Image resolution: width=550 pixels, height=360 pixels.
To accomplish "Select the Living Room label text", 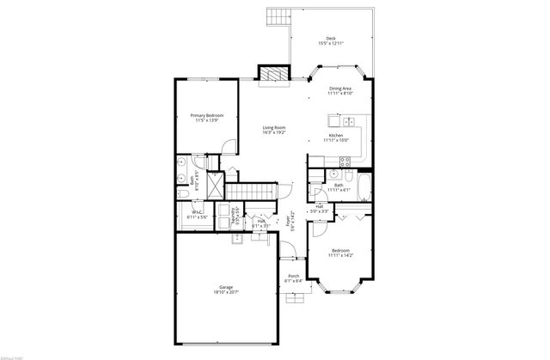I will click(x=274, y=128).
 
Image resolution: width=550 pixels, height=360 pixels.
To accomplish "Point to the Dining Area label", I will click(x=340, y=88).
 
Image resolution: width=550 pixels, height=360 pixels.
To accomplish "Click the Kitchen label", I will click(x=336, y=135).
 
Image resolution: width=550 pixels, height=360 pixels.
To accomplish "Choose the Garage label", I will click(x=226, y=287).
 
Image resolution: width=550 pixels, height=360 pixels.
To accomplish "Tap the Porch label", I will click(x=293, y=276).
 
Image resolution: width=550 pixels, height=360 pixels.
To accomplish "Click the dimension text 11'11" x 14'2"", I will click(x=341, y=255).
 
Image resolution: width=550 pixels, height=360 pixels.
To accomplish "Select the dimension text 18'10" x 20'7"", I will click(x=226, y=293).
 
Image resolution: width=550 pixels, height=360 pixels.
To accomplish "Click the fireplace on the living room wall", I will click(x=273, y=74).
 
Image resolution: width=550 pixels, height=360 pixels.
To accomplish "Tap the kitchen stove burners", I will click(x=344, y=160).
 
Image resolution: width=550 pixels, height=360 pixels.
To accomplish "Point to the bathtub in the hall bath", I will click(x=363, y=189).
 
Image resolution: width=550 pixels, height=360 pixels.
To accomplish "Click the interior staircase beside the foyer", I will click(x=255, y=190).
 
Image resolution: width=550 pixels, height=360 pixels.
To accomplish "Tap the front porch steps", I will click(x=297, y=300).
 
